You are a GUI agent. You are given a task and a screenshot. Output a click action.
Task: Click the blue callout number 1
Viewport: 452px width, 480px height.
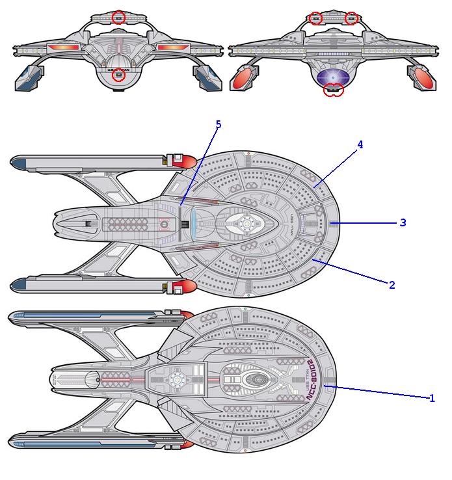pos(432,398)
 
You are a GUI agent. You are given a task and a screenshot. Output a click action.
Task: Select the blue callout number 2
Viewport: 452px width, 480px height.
pos(392,285)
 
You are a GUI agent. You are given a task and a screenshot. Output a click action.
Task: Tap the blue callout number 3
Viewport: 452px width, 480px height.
pos(403,222)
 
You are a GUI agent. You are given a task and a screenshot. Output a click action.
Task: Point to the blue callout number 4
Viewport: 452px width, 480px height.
pos(360,145)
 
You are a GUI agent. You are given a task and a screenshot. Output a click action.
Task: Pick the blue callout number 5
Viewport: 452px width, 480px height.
pos(219,124)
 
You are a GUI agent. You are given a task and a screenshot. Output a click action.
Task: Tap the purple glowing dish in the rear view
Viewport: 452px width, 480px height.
pos(334,77)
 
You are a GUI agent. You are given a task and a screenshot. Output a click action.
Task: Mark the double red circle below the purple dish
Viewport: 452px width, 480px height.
pos(334,90)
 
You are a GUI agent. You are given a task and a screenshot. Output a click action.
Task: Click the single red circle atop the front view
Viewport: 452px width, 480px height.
pos(118,18)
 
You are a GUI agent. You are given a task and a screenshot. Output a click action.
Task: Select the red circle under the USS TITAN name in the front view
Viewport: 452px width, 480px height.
pos(118,75)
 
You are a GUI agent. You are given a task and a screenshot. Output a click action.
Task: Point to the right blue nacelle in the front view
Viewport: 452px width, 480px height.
pos(208,76)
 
